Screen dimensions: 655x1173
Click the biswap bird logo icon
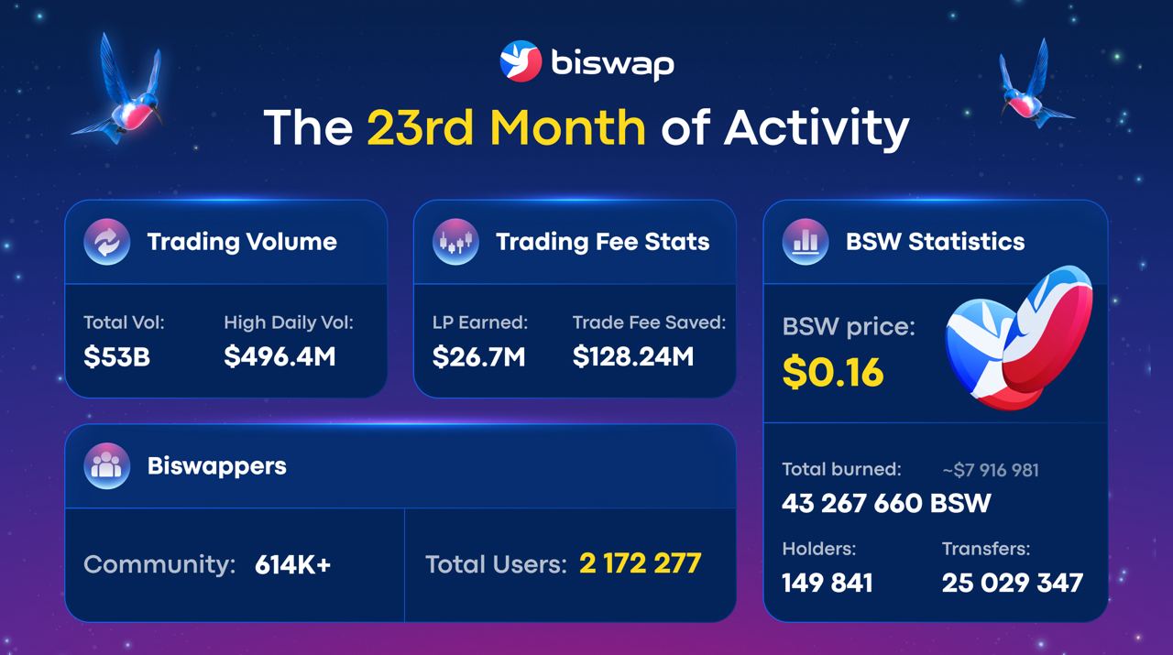coord(521,61)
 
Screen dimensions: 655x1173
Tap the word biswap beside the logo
coord(612,63)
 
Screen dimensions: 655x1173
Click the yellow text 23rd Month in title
coord(506,127)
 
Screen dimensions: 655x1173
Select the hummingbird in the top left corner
coord(124,92)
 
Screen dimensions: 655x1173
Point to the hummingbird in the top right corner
coord(1033,87)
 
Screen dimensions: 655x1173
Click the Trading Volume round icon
coord(106,242)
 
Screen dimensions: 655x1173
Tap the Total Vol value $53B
coord(116,356)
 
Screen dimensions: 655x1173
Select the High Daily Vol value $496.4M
coord(280,356)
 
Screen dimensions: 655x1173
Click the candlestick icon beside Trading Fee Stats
coord(455,242)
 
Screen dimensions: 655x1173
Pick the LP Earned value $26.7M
coord(478,356)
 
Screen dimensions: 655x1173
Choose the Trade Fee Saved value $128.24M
coord(633,356)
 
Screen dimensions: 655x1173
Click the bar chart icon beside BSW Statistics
coord(806,242)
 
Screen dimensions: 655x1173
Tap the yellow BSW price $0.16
coord(833,372)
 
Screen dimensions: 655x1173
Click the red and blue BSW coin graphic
coord(1019,339)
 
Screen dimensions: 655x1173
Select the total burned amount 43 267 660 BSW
coord(886,503)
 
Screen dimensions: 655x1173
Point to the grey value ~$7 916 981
coord(990,470)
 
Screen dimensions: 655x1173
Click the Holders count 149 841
coord(827,583)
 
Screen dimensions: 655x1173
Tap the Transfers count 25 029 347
coord(1012,583)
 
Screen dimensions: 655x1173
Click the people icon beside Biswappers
coord(106,465)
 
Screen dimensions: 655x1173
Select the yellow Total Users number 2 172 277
coord(640,563)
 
